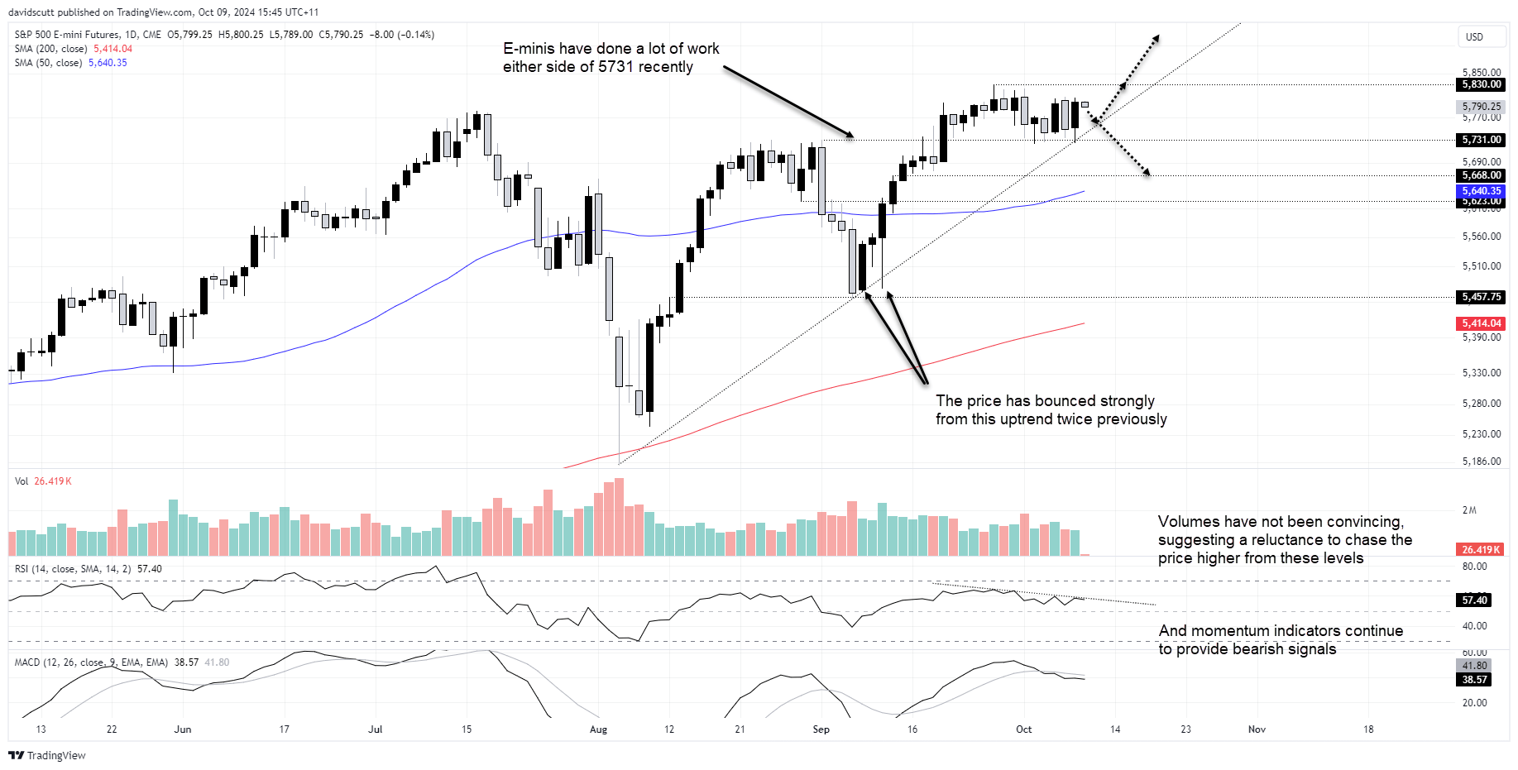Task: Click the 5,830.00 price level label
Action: [1481, 84]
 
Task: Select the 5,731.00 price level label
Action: [1481, 140]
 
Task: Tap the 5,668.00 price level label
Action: [1481, 175]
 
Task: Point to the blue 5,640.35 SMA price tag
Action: [1481, 191]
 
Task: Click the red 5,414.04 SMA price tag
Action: [1481, 323]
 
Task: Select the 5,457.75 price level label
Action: [1481, 297]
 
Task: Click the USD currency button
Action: [1474, 37]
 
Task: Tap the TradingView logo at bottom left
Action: [47, 755]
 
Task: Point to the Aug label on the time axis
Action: [598, 729]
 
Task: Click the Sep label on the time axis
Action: [821, 729]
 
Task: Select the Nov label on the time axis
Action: [1257, 729]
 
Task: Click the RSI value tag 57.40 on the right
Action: [1474, 600]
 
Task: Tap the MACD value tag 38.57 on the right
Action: [1474, 680]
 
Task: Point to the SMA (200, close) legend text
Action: [50, 49]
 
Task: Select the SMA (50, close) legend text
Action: [48, 63]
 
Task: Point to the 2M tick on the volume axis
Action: [1469, 510]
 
